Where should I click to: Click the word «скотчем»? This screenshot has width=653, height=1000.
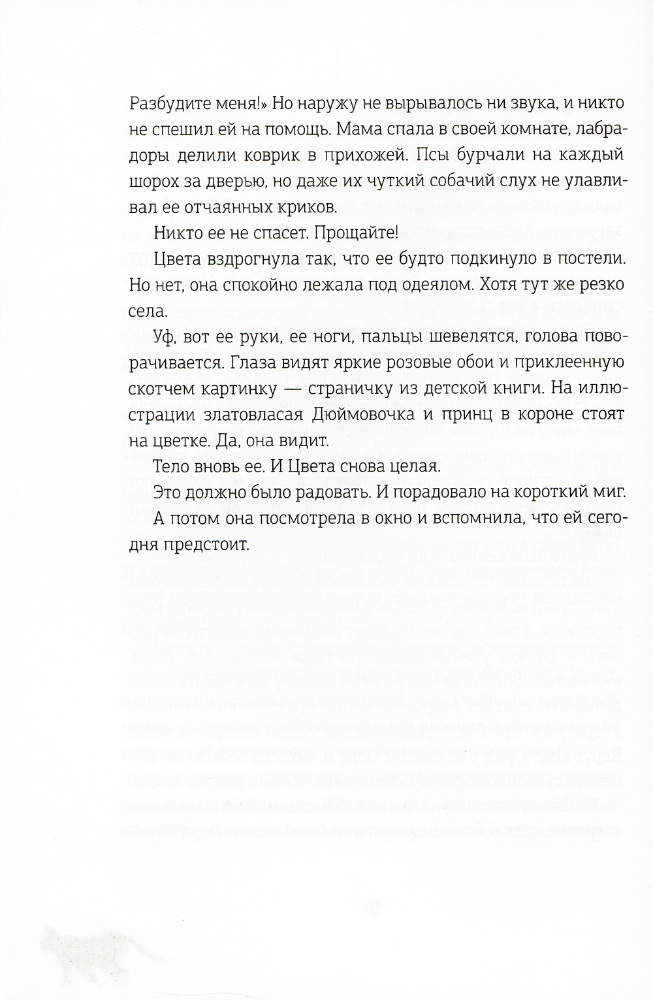(163, 389)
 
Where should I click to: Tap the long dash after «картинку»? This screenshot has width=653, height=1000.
(285, 389)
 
